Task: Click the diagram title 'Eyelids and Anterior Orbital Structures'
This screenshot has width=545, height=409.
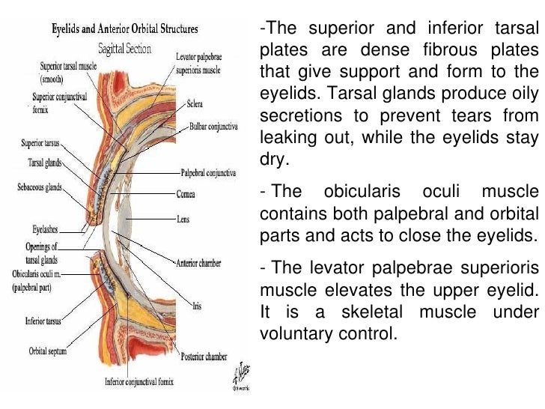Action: (124, 30)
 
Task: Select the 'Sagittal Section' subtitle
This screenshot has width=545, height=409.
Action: (125, 49)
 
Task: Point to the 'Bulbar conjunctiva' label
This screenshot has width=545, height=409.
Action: (214, 128)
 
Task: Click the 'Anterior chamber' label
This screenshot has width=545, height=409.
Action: (197, 263)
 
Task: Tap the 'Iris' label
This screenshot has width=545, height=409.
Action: (197, 306)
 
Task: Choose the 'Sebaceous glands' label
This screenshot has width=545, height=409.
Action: (40, 185)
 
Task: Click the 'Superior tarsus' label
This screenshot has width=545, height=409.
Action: (40, 143)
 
